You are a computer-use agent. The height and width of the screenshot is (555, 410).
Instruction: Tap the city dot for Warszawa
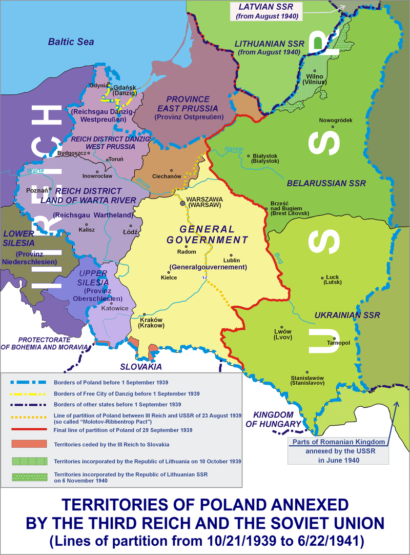pyautogui.click(x=182, y=204)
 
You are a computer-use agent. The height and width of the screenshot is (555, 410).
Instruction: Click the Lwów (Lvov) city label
pyautogui.click(x=283, y=334)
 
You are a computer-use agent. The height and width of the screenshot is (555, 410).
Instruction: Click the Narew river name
pyautogui.click(x=233, y=150)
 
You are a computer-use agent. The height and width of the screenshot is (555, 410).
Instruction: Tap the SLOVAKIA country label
pyautogui.click(x=141, y=367)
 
